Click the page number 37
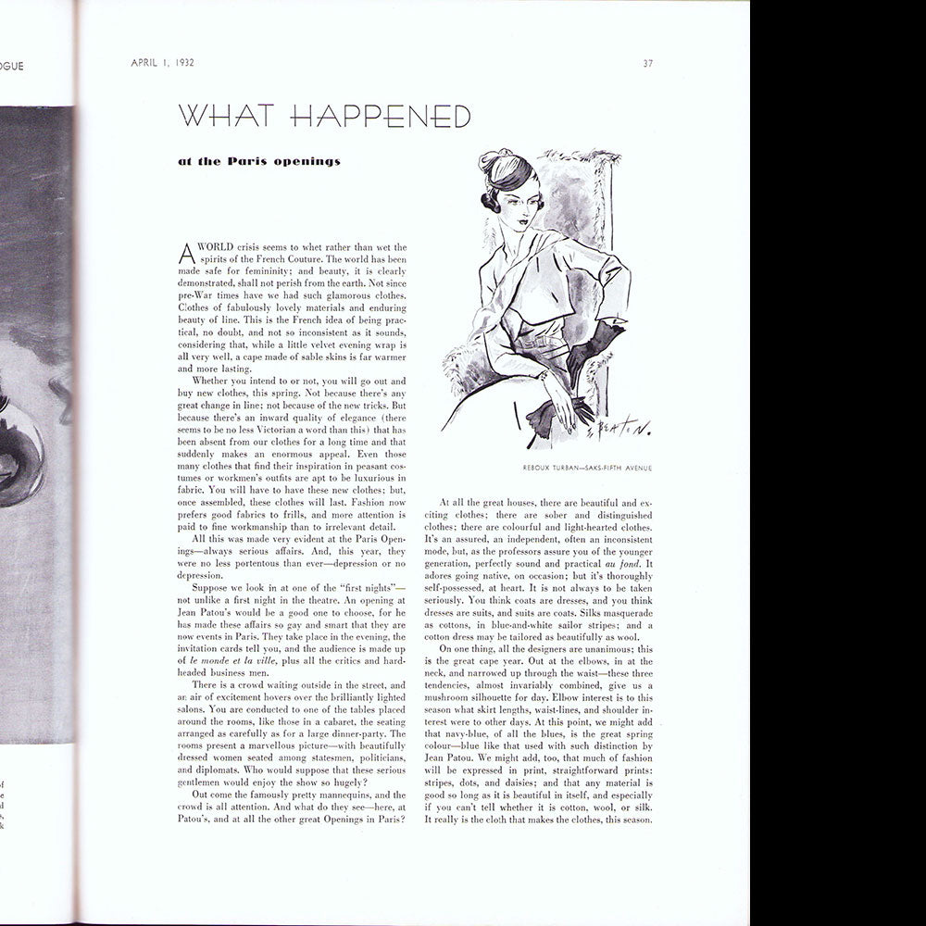(x=648, y=63)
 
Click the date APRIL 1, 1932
(x=168, y=63)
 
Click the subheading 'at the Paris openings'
(x=259, y=162)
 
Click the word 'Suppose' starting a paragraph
(x=210, y=587)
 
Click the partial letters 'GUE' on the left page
(x=12, y=66)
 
